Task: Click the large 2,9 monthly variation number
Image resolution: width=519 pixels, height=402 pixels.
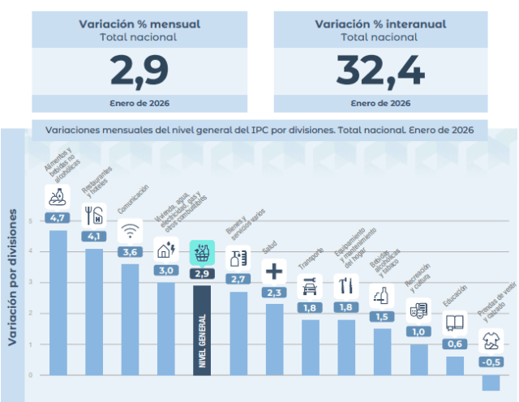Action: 139,71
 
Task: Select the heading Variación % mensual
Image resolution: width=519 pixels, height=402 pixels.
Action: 139,24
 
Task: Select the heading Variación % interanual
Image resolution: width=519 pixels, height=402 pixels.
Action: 380,24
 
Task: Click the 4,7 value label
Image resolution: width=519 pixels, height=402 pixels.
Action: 58,218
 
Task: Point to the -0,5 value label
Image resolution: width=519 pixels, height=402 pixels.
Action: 490,361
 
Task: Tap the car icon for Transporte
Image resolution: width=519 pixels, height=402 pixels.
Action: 310,285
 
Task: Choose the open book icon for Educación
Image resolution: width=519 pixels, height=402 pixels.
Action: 455,323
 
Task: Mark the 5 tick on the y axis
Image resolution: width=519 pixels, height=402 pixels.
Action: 31,220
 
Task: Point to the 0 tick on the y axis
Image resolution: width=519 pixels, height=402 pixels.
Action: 31,375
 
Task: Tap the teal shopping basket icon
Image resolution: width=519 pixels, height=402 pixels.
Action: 202,252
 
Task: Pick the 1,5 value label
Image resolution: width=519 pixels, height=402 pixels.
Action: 382,316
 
